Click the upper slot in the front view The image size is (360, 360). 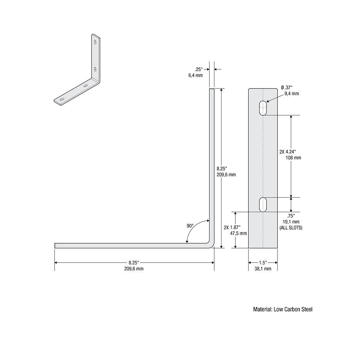click(263, 108)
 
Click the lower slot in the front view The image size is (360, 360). click(263, 205)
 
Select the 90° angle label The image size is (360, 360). click(190, 226)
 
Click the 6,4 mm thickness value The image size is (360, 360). click(195, 75)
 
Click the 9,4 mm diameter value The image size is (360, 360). click(292, 94)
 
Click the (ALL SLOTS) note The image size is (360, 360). click(291, 228)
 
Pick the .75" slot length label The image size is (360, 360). click(291, 216)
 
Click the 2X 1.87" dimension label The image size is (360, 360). click(232, 227)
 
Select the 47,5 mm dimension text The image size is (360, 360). click(238, 233)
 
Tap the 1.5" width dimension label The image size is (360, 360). click(263, 262)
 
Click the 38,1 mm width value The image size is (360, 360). click(263, 269)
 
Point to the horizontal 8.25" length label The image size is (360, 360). click(134, 262)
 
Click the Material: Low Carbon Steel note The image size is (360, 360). click(283, 309)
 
